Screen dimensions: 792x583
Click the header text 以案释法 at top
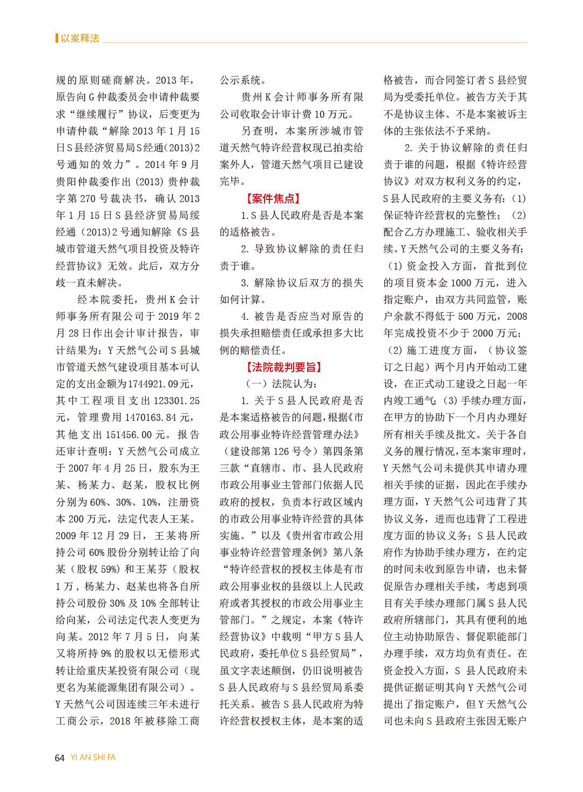pos(80,38)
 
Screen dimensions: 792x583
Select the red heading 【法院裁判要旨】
pos(284,367)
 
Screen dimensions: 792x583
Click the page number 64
pos(59,758)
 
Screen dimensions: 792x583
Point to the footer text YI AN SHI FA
pos(93,757)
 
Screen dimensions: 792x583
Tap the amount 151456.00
pos(129,435)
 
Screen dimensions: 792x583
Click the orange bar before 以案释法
pos(57,38)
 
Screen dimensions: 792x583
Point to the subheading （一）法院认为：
pos(281,384)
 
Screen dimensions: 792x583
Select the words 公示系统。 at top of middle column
pos(242,80)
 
